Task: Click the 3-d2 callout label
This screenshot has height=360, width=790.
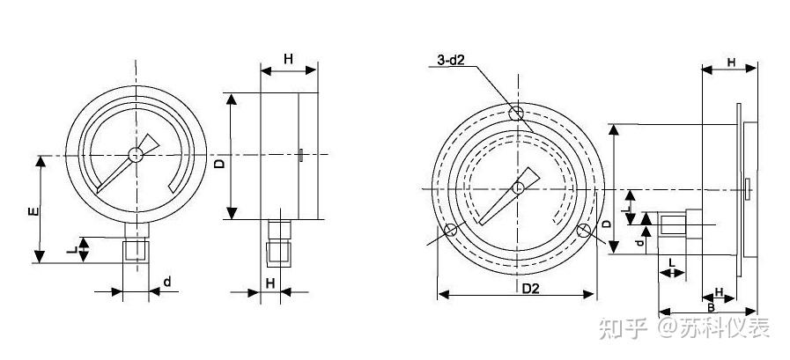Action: (450, 61)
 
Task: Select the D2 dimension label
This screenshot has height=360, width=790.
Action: (530, 289)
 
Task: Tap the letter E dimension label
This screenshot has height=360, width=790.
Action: (33, 211)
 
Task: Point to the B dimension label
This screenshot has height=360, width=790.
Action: (711, 307)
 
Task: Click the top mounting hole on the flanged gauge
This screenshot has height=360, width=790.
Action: (515, 114)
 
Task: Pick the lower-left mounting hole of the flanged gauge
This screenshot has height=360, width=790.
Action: (450, 231)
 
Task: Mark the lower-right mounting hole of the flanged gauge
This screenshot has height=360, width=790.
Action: (583, 231)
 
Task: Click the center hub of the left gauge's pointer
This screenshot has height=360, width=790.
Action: (136, 155)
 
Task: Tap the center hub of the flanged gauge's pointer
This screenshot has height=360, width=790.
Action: (518, 188)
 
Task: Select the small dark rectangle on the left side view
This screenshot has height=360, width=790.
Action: (301, 155)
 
